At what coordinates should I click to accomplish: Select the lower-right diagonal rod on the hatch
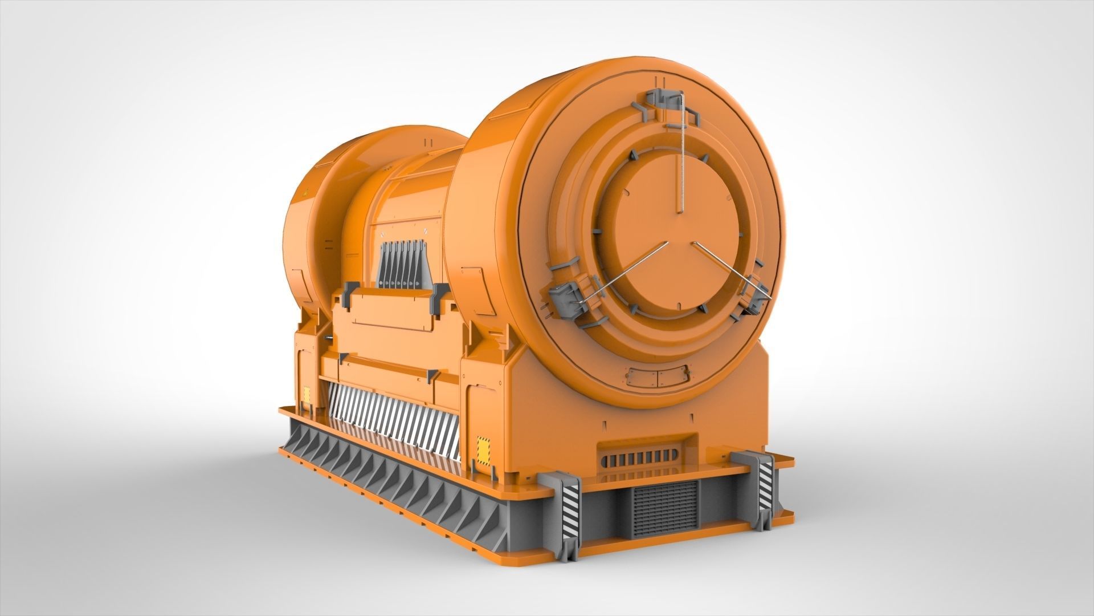click(729, 268)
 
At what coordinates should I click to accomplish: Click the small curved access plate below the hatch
click(658, 376)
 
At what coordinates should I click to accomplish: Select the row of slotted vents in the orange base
click(638, 457)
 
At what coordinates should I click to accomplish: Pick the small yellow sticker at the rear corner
click(307, 395)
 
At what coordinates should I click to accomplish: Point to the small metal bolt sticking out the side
click(330, 338)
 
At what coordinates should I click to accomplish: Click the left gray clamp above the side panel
click(345, 298)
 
